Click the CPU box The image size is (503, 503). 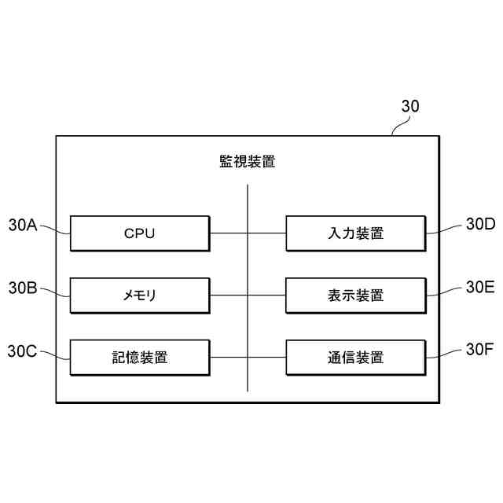click(x=140, y=233)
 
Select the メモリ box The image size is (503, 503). click(x=140, y=296)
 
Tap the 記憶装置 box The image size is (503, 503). click(x=140, y=358)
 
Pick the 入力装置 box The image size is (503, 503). click(x=355, y=233)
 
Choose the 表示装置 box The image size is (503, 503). click(x=355, y=296)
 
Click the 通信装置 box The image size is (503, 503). click(x=355, y=358)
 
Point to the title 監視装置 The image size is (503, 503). click(x=247, y=162)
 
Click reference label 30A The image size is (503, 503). click(x=23, y=226)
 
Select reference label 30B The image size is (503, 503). click(x=23, y=288)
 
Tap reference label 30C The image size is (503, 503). click(x=23, y=351)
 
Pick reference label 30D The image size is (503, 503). click(x=480, y=225)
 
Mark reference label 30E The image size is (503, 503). click(x=480, y=288)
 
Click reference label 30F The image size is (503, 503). click(x=479, y=351)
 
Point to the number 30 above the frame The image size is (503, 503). click(x=410, y=107)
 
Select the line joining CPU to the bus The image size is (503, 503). click(x=229, y=233)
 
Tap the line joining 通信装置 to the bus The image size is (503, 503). click(x=266, y=358)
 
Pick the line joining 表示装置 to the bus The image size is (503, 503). click(x=266, y=296)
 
